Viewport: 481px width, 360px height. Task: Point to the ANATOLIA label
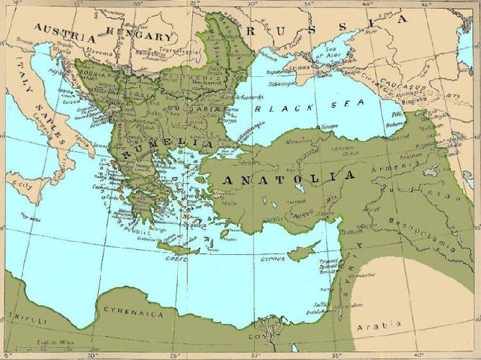[288, 176]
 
